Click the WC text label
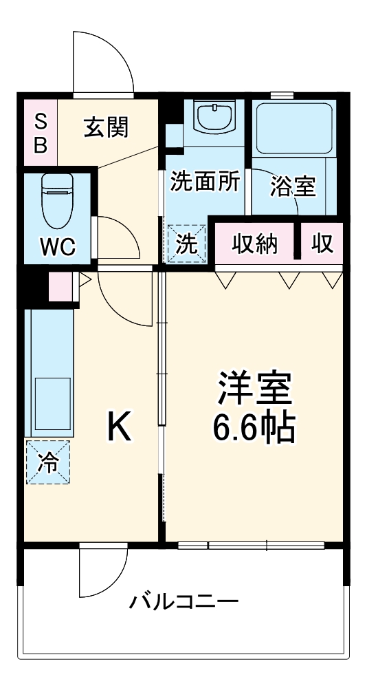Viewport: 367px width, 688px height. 57,246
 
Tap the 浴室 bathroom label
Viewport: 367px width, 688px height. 293,186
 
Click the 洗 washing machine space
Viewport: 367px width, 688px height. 187,244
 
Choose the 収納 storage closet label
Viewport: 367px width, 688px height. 254,243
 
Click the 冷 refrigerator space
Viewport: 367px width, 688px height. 48,462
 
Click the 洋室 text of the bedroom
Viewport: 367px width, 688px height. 255,390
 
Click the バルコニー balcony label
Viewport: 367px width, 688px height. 184,603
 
